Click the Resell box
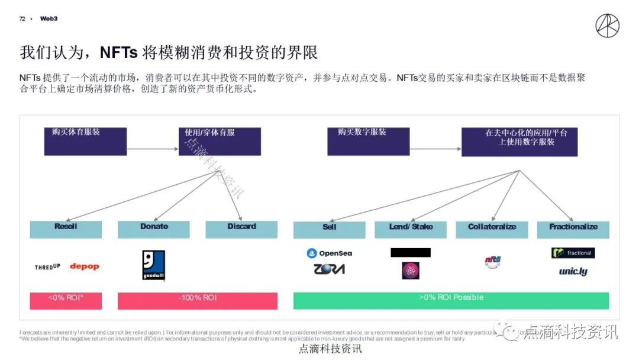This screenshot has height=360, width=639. pos(66,229)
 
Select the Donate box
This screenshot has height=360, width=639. pos(154,229)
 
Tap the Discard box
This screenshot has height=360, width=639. pos(241,229)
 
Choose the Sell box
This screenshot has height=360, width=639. pos(330,229)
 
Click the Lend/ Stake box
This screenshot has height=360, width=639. pos(411,229)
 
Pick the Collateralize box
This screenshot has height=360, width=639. pos(492,229)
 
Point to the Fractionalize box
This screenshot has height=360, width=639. pos(573,229)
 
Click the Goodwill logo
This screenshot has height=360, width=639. pos(154,265)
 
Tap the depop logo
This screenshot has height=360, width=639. pos(85,266)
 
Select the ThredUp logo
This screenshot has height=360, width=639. pos(47,267)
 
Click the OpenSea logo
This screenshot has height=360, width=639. pos(330,253)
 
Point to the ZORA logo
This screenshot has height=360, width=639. pos(330,269)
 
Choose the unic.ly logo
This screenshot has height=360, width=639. pos(573,272)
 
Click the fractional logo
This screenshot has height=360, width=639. pos(573,253)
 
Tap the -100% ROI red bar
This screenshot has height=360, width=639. pos(198,300)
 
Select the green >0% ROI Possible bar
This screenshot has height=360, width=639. pos(451,300)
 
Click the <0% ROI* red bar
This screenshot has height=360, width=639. pos(66,300)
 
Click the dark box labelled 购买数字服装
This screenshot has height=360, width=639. pos(368,141)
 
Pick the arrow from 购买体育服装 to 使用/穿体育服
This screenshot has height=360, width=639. pos(153,149)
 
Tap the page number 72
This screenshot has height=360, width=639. pos(22,19)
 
